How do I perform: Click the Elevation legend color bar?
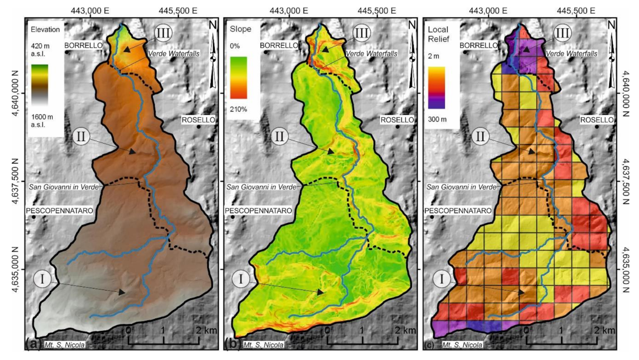(40, 85)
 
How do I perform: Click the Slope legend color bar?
(238, 78)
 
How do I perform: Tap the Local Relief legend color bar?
(436, 87)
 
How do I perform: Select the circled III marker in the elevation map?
(163, 33)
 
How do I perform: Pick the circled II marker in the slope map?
(279, 136)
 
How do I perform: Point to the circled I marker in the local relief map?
(441, 279)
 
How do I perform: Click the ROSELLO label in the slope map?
(397, 120)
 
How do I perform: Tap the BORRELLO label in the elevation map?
(83, 45)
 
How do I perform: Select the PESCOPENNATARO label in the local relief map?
(458, 211)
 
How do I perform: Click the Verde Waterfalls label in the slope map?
(371, 53)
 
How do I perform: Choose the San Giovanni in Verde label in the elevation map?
(64, 187)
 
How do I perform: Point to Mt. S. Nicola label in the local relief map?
(462, 345)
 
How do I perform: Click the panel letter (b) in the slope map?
(232, 344)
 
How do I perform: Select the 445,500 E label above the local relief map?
(576, 11)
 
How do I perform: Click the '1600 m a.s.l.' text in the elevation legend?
(42, 121)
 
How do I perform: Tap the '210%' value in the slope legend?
(238, 109)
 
